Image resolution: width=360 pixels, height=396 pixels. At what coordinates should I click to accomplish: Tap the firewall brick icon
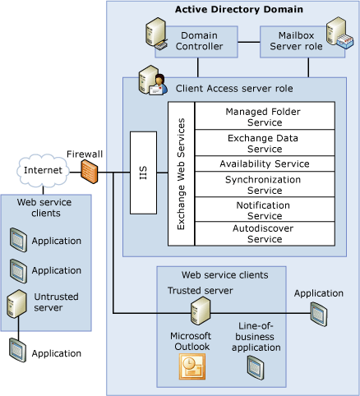(90, 172)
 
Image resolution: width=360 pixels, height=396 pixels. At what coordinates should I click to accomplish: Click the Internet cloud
(43, 171)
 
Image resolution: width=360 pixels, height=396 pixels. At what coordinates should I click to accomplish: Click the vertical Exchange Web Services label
(181, 173)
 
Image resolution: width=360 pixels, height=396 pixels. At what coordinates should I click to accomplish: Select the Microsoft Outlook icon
(191, 367)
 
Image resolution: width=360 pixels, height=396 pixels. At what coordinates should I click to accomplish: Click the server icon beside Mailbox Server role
(336, 37)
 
